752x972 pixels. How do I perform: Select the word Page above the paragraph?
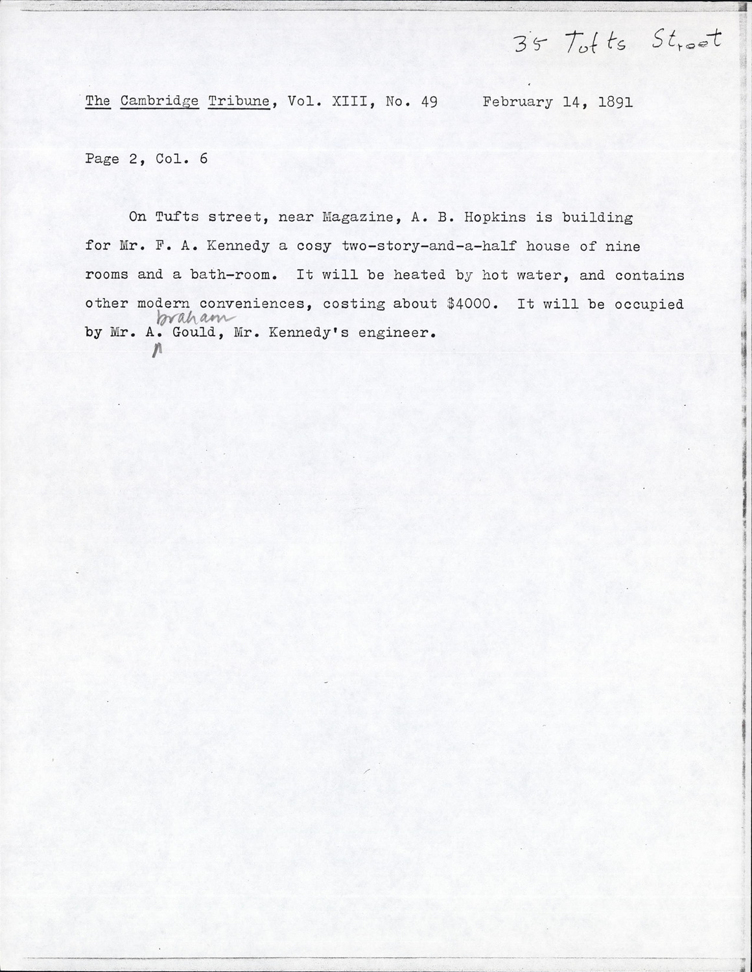pos(102,159)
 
